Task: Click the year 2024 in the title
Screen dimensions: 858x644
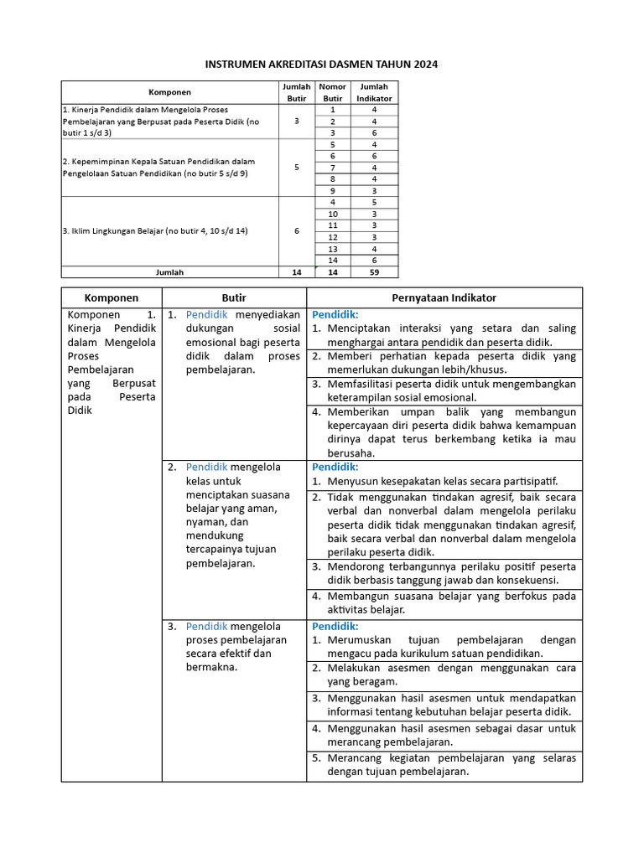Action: point(424,64)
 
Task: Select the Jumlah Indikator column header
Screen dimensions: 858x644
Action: point(375,92)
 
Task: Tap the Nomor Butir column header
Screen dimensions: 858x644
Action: point(333,92)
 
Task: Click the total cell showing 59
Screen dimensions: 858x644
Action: point(375,272)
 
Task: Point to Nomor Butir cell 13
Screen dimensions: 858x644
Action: point(333,249)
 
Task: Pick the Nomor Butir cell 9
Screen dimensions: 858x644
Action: point(333,190)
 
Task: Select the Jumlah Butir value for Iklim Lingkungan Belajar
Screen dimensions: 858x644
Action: point(297,231)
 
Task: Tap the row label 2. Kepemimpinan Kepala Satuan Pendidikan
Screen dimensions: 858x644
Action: point(159,167)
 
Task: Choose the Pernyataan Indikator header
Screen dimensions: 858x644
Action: point(444,298)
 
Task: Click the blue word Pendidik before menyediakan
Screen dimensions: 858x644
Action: point(207,314)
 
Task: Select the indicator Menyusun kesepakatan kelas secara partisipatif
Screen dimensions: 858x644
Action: point(442,482)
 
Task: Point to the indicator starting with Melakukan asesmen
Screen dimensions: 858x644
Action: point(451,675)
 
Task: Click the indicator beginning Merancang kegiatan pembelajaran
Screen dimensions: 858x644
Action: point(451,765)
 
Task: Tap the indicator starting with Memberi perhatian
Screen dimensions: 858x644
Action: point(451,363)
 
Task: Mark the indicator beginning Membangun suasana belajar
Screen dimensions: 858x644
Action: point(451,603)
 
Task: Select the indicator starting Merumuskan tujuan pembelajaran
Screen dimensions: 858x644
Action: point(451,646)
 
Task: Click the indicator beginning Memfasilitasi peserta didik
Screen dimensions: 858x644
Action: point(451,390)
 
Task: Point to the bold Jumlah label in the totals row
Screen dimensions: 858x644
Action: point(169,272)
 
